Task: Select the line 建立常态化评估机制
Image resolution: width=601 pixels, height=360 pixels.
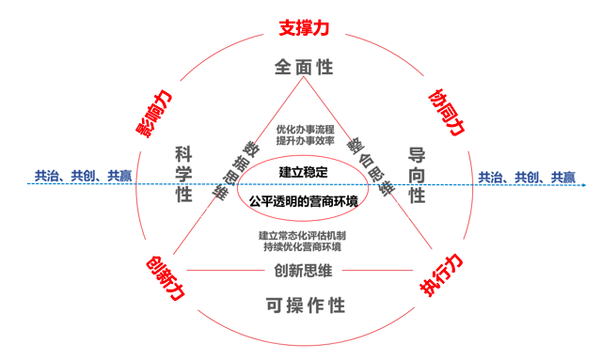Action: pos(301,235)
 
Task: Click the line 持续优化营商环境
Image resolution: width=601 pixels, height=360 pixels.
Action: pos(301,247)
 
